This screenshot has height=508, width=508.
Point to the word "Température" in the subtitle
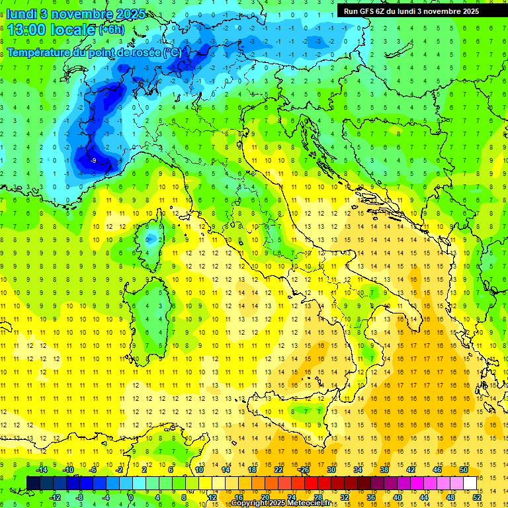tap(39, 52)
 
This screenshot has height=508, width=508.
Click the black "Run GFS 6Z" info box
tap(417, 11)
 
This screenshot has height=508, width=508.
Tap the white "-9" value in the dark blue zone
tap(94, 160)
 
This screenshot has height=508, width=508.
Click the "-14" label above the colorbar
tap(41, 470)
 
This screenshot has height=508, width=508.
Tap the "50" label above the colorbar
tap(464, 470)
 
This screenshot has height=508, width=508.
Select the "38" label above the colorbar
tap(384, 470)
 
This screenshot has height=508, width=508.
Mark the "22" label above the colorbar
tap(278, 470)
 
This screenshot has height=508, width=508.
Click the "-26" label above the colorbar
tap(304, 470)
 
